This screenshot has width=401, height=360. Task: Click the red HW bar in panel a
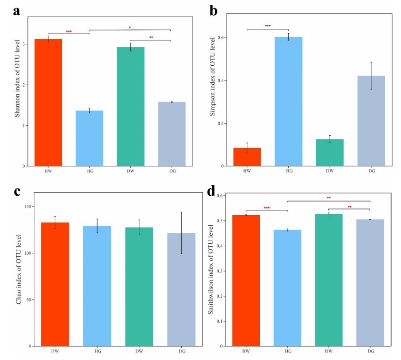pyautogui.click(x=49, y=102)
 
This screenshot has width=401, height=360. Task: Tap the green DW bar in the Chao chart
pyautogui.click(x=139, y=286)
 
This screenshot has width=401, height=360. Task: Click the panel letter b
pyautogui.click(x=214, y=10)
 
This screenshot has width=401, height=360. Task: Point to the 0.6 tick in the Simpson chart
pyautogui.click(x=222, y=38)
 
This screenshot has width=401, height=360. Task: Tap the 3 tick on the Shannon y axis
pyautogui.click(x=25, y=44)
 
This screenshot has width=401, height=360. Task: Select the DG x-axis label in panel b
pyautogui.click(x=371, y=170)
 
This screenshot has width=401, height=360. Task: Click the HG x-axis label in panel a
pyautogui.click(x=89, y=170)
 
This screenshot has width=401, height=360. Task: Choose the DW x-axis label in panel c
pyautogui.click(x=139, y=351)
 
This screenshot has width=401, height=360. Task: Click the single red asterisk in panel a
pyautogui.click(x=130, y=27)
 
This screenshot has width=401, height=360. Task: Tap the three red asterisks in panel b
pyautogui.click(x=268, y=26)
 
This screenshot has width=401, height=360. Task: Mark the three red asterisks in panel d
pyautogui.click(x=266, y=208)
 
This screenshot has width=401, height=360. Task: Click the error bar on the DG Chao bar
pyautogui.click(x=181, y=233)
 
